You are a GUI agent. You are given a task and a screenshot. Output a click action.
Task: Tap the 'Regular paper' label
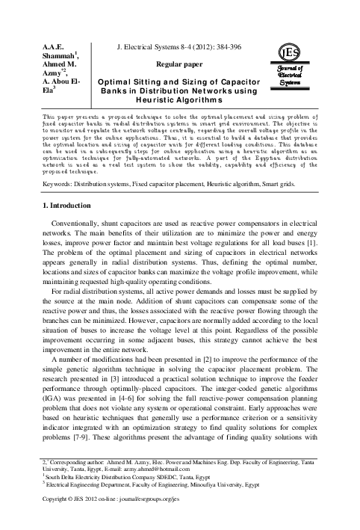(x=182, y=65)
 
